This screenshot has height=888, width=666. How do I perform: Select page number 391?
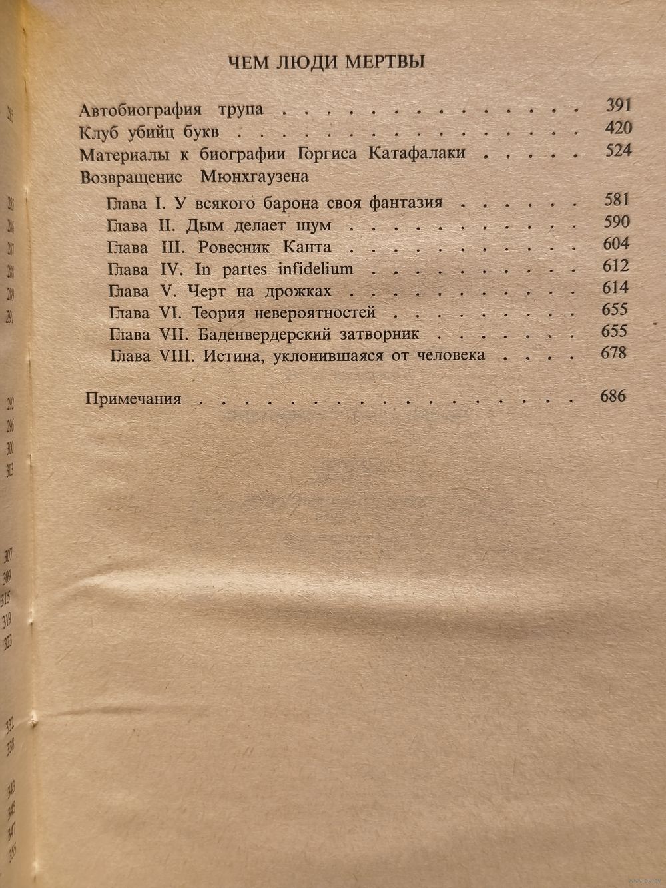point(618,105)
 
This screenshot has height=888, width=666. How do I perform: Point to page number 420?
point(618,128)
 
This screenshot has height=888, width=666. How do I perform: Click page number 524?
point(618,151)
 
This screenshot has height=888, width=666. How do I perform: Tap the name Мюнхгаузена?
point(254,177)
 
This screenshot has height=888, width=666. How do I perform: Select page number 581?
point(615,199)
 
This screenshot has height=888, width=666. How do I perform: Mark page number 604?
point(615,243)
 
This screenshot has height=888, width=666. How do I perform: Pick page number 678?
point(613,353)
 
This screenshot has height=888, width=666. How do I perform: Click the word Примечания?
point(134,399)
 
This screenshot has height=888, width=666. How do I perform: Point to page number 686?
point(613,396)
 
